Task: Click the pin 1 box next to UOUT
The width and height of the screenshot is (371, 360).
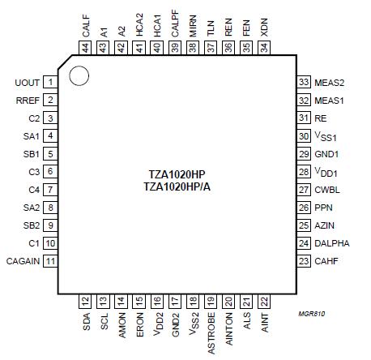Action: (50, 83)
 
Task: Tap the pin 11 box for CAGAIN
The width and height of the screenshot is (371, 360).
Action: (50, 261)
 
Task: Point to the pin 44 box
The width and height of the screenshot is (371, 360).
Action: (84, 49)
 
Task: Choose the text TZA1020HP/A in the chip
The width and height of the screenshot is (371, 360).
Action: (175, 187)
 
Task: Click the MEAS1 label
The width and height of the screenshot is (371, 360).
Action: (328, 101)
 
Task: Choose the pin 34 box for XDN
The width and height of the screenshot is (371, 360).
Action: (264, 49)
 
